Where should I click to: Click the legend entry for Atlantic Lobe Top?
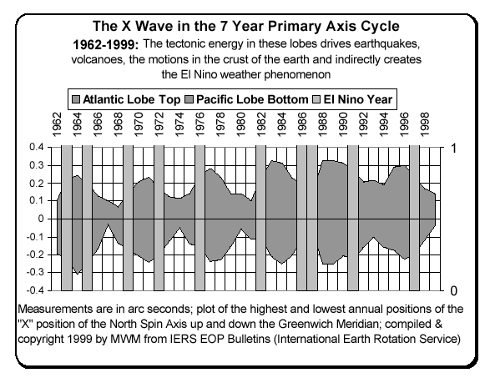[x=138, y=98]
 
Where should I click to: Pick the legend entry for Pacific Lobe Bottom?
[x=256, y=98]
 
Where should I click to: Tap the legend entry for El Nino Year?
[x=360, y=98]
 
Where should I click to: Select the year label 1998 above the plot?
[x=425, y=125]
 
